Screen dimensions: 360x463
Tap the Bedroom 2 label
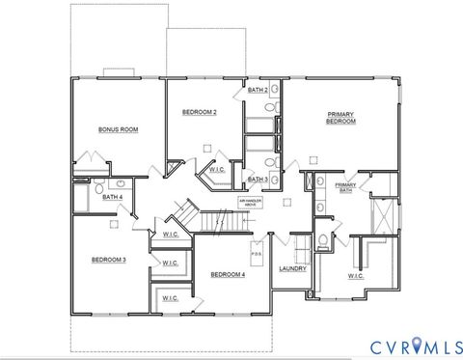tap(200, 113)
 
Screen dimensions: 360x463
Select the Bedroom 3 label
tap(109, 259)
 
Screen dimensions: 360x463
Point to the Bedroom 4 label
tap(228, 274)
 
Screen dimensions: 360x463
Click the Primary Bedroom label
tap(340, 118)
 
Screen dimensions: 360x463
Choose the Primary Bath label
tap(344, 187)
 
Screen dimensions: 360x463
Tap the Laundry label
tap(292, 267)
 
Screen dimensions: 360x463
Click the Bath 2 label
tap(257, 89)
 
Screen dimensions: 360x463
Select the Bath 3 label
tap(257, 179)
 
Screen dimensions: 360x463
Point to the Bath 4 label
tap(113, 198)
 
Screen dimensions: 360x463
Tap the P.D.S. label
tap(257, 255)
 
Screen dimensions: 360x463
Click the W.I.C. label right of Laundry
tap(354, 277)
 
